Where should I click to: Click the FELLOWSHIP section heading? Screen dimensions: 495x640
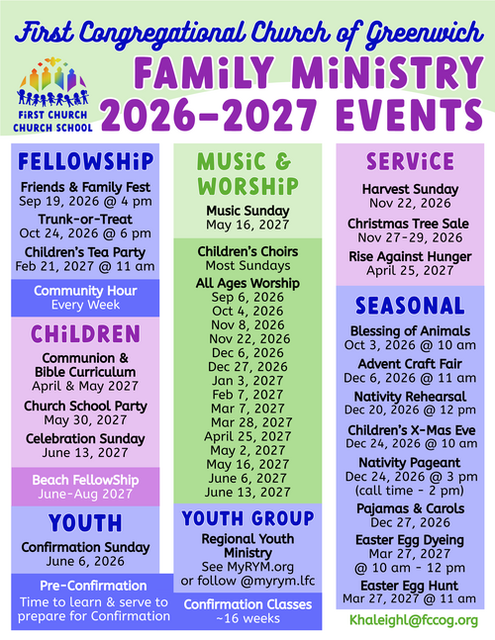tap(86, 161)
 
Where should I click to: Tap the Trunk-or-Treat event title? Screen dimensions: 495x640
tap(85, 220)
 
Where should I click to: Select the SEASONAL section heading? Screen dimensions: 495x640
tap(410, 306)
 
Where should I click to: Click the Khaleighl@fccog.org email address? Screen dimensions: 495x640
tap(414, 620)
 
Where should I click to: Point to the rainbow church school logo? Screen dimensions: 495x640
tap(52, 95)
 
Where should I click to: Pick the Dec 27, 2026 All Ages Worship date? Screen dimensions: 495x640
tap(247, 367)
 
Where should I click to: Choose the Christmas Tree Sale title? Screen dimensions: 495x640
tap(409, 224)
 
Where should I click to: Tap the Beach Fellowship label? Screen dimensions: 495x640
tap(85, 480)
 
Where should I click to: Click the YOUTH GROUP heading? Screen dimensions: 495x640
tap(247, 518)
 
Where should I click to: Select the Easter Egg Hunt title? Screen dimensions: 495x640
tap(410, 586)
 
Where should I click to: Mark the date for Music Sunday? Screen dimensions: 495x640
tap(247, 225)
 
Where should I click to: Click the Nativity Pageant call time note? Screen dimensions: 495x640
tap(410, 491)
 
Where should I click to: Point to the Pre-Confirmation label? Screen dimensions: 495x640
tap(93, 586)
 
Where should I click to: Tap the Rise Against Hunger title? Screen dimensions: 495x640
tap(410, 256)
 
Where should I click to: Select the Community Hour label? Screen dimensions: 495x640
tap(85, 291)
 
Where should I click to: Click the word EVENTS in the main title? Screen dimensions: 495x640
tap(410, 115)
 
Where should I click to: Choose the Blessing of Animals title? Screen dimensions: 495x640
tap(410, 331)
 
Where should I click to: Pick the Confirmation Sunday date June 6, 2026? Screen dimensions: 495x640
tap(85, 561)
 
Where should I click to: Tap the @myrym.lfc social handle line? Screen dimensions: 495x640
tap(247, 581)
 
